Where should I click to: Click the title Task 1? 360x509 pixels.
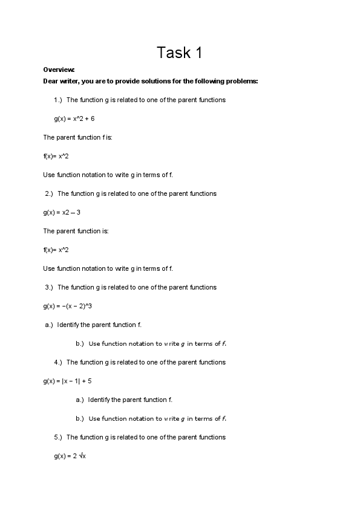[x=180, y=53]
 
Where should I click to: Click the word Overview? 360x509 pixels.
[x=59, y=70]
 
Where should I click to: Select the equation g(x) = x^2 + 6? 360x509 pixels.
[x=74, y=118]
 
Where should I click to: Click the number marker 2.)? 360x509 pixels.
[x=50, y=193]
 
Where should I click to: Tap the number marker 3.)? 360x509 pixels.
[x=50, y=287]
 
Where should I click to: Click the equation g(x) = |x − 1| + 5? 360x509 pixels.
[x=67, y=381]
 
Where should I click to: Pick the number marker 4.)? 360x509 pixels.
[x=58, y=362]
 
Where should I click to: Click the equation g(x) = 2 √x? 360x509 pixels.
[x=70, y=456]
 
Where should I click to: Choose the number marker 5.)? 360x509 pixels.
[x=58, y=437]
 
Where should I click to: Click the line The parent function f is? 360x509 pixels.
[x=77, y=137]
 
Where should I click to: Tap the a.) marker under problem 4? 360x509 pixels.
[x=80, y=400]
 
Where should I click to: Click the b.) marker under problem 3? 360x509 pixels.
[x=80, y=344]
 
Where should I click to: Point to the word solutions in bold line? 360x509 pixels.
[x=136, y=81]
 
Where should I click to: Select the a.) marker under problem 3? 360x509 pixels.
[x=49, y=325]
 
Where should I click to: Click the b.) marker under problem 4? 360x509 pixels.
[x=80, y=418]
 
